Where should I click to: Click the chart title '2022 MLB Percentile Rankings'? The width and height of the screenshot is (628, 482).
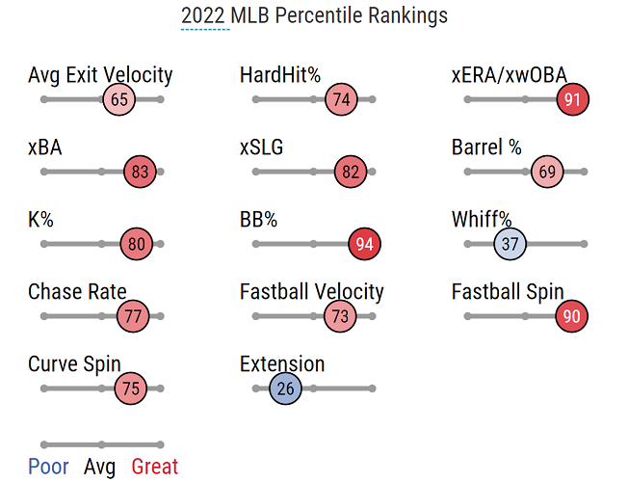coord(314,16)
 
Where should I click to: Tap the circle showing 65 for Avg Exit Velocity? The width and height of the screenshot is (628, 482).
coord(119,99)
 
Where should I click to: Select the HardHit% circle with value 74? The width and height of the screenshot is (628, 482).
coord(339,99)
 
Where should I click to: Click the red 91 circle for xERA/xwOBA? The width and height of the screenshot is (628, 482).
coord(572,99)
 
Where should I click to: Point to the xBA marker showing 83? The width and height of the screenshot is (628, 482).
coord(140,173)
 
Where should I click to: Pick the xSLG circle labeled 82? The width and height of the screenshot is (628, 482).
coord(350,173)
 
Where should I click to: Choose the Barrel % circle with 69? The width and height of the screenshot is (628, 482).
coord(547,173)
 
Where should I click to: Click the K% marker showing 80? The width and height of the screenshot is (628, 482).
coord(137,244)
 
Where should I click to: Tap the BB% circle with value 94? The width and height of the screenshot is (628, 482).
coord(364,244)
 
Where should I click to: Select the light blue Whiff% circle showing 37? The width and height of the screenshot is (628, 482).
coord(510,244)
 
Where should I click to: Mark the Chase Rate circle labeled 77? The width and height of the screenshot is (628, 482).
coord(133,316)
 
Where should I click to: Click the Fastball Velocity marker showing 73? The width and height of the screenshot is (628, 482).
coord(338,316)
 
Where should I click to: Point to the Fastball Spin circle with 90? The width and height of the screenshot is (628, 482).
coord(571,316)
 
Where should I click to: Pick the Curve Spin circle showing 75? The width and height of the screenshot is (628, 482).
coord(131,389)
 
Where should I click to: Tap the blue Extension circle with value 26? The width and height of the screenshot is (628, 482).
coord(285,389)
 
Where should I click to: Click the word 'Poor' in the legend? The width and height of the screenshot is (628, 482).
coord(48,468)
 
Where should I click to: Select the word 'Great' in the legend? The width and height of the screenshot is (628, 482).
coord(155,468)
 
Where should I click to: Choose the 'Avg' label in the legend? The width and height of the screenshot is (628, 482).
coord(100,468)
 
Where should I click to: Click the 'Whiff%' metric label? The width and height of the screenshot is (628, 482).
coord(482,220)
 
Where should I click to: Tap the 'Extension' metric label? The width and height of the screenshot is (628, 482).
coord(282,364)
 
